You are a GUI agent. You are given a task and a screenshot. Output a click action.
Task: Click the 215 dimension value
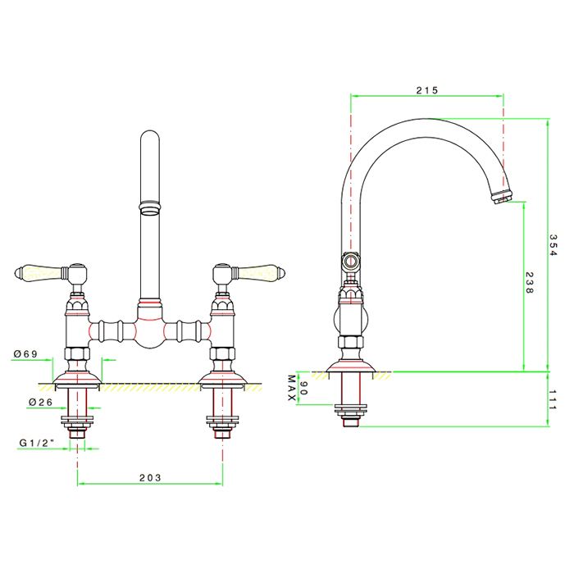[427, 90]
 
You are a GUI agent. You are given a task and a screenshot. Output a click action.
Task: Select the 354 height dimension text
[553, 245]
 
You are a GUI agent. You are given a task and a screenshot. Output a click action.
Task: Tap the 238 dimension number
[530, 282]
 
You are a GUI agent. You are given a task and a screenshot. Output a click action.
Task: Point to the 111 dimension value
[553, 400]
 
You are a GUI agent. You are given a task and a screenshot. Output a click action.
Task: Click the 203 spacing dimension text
[150, 478]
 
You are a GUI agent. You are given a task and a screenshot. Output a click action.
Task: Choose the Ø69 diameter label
[25, 354]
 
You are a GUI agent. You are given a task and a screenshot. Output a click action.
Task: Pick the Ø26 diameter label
[41, 403]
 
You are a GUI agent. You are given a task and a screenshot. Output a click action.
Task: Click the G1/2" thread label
[37, 443]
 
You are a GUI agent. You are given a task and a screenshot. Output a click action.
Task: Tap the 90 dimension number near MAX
[303, 388]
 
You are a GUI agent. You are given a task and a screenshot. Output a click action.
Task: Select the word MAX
[292, 388]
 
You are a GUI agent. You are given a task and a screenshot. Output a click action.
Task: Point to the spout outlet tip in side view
[502, 197]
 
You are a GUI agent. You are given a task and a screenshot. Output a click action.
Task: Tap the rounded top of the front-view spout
[150, 135]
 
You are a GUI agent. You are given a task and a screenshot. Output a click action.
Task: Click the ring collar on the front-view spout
[150, 207]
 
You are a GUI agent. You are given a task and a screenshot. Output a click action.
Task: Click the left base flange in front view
[77, 378]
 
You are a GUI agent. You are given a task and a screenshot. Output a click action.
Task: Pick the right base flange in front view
[222, 378]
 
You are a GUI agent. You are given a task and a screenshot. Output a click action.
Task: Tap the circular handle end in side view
[351, 262]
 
